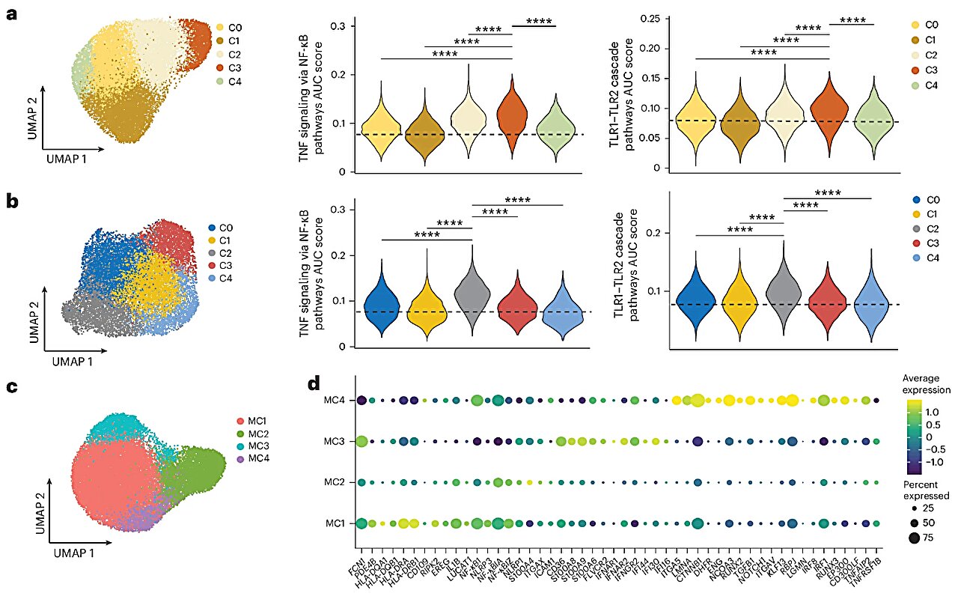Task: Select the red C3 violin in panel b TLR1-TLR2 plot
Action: [x=828, y=303]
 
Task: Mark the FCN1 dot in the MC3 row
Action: [x=361, y=442]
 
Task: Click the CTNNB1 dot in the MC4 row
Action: [x=698, y=401]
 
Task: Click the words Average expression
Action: [x=925, y=384]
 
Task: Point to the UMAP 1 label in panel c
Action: [x=73, y=553]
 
